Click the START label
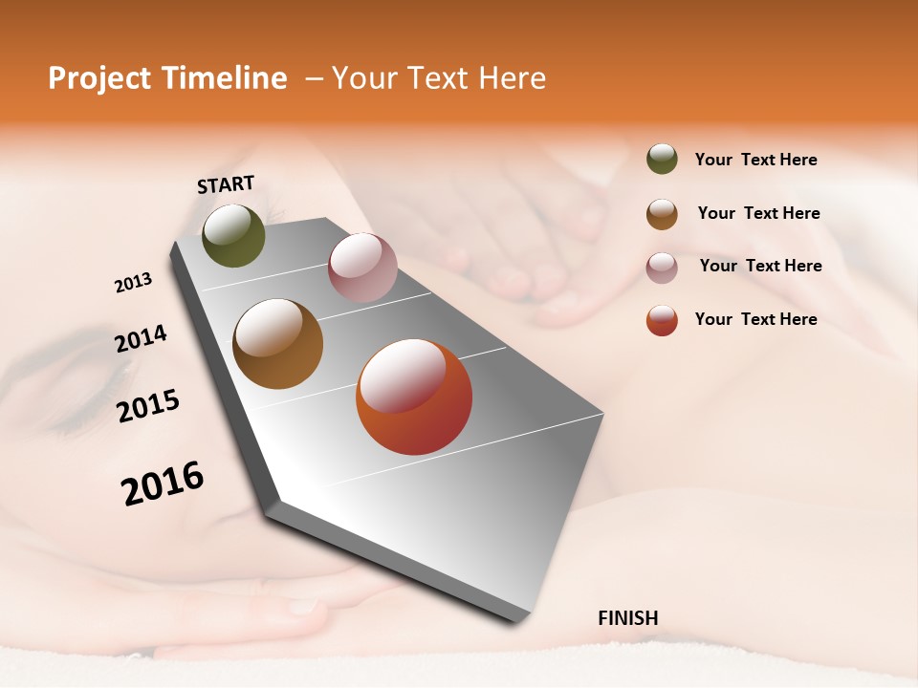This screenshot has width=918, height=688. (226, 184)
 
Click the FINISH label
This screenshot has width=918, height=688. (627, 618)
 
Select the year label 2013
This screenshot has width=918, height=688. (133, 283)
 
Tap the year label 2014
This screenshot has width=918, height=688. (141, 339)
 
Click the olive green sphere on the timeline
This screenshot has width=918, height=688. (233, 235)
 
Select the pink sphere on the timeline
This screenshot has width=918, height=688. (362, 267)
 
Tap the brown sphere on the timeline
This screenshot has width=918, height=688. (277, 344)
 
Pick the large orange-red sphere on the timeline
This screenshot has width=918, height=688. (414, 397)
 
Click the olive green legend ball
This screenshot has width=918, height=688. (662, 160)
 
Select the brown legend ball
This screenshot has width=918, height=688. (662, 214)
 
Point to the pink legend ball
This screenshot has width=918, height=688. (662, 268)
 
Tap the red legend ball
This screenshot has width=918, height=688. (662, 320)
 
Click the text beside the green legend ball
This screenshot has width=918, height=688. (755, 160)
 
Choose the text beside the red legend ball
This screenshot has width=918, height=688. (755, 319)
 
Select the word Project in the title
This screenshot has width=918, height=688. (98, 78)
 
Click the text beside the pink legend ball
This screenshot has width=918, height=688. (760, 266)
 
